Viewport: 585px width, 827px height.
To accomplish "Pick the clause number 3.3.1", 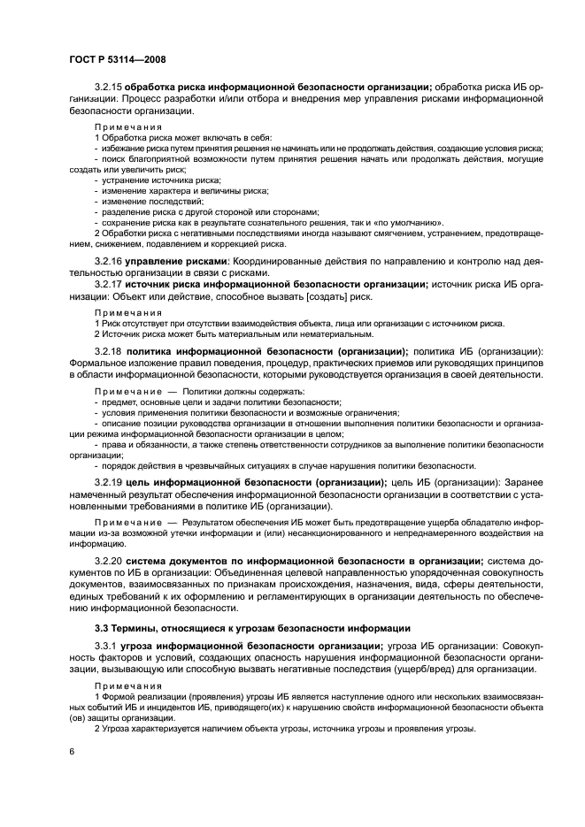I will click(x=106, y=647).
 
